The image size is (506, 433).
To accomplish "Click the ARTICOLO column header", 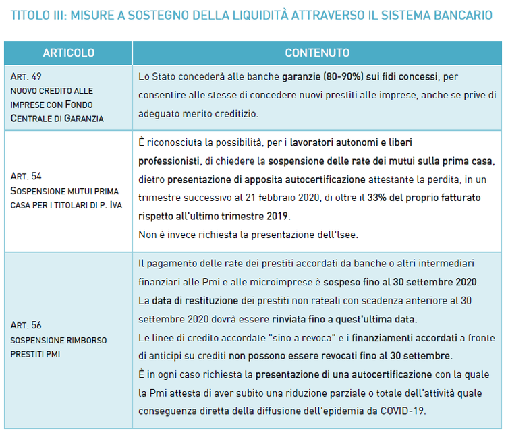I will [68, 53].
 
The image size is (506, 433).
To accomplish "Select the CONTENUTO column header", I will [317, 53].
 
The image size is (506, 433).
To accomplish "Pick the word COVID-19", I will [401, 410].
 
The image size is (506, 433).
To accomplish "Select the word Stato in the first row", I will [163, 77].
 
